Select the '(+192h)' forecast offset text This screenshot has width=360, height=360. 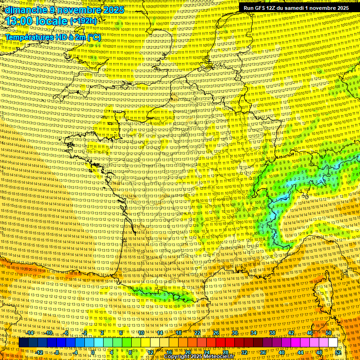click(84, 21)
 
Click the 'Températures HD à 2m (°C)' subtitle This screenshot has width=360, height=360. click(53, 37)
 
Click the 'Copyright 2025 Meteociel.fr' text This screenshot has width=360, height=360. click(199, 356)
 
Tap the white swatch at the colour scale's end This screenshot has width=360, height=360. click(333, 343)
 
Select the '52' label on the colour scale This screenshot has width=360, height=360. click(338, 352)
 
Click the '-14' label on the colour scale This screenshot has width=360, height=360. click(30, 333)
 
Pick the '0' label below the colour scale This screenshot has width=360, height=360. click(93, 352)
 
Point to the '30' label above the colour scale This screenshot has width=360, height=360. click(235, 333)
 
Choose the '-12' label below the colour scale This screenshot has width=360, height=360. click(39, 352)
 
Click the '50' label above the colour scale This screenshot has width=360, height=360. click(329, 333)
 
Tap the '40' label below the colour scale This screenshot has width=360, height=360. click(282, 352)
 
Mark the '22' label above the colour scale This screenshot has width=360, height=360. click(197, 333)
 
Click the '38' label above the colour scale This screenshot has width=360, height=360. click(272, 333)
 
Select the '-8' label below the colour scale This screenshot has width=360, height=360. click(58, 352)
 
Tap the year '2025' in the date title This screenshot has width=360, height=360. click(112, 10)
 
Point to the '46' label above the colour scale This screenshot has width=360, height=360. click(310, 333)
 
